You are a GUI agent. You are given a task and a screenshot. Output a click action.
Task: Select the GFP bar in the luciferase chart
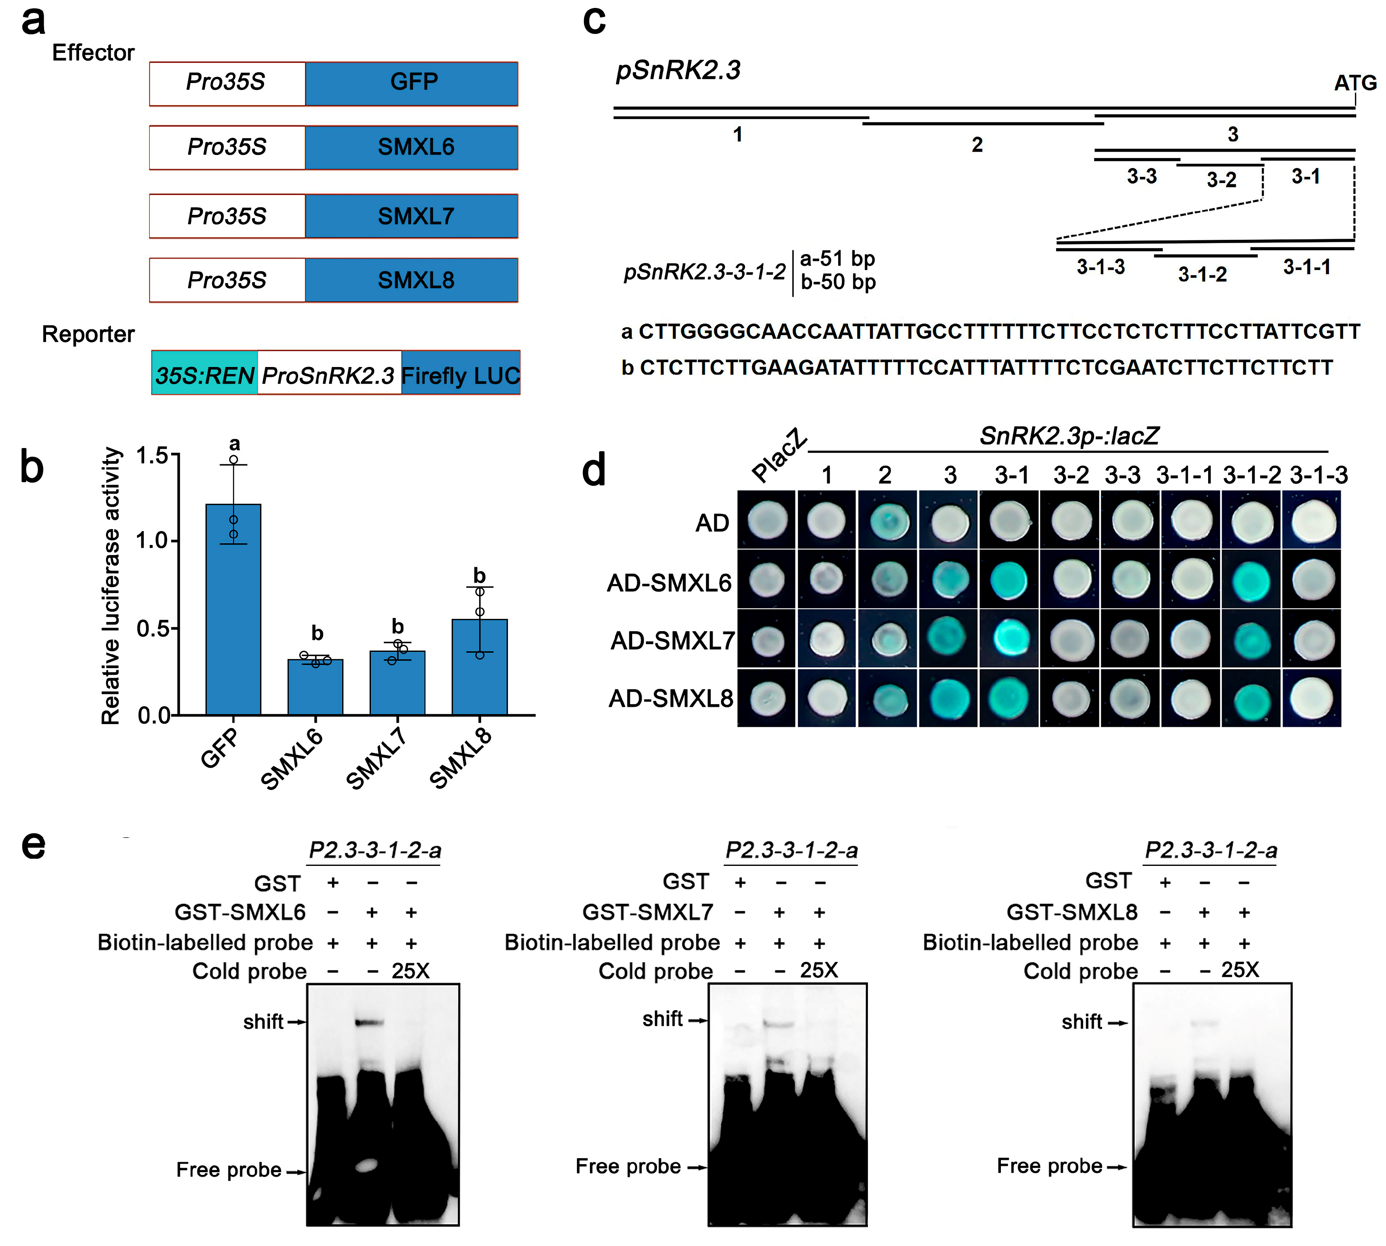(233, 609)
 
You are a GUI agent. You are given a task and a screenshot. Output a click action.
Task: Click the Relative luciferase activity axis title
(111, 585)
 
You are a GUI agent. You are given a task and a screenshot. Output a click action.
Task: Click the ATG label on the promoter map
(1355, 83)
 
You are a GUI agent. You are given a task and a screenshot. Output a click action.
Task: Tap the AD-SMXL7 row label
(672, 641)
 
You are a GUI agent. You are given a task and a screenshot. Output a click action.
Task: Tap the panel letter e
(33, 846)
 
